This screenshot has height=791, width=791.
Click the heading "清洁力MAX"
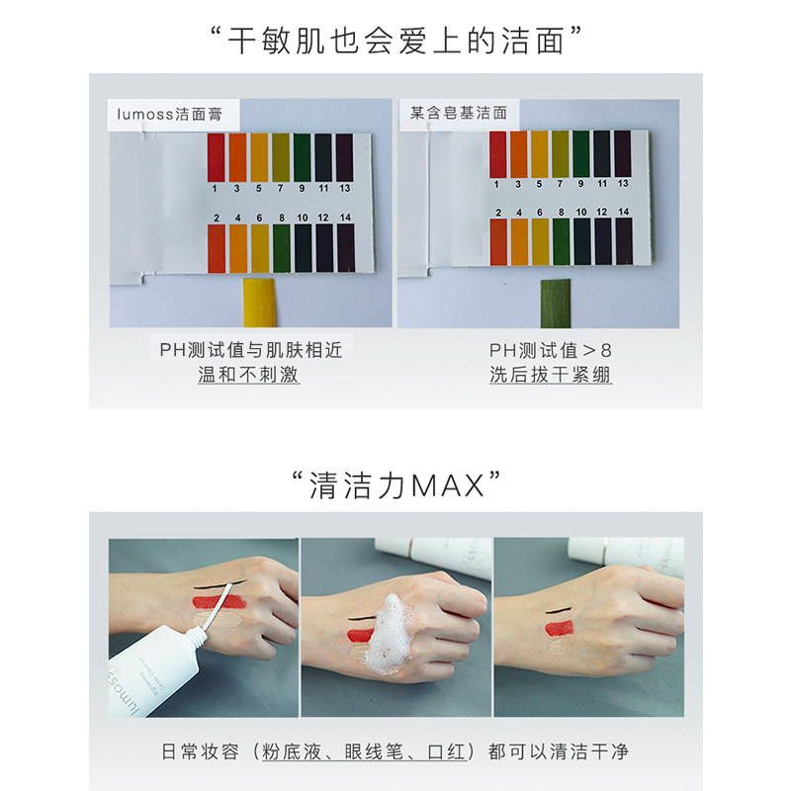tap(395, 485)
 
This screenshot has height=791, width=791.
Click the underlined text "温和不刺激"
tap(249, 376)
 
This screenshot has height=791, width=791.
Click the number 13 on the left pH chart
tap(344, 187)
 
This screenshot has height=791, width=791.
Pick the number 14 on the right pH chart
tap(623, 212)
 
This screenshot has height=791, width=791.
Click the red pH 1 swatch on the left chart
tap(216, 157)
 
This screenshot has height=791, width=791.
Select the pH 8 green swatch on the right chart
tap(561, 241)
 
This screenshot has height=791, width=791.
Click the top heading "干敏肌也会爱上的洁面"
tap(395, 39)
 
